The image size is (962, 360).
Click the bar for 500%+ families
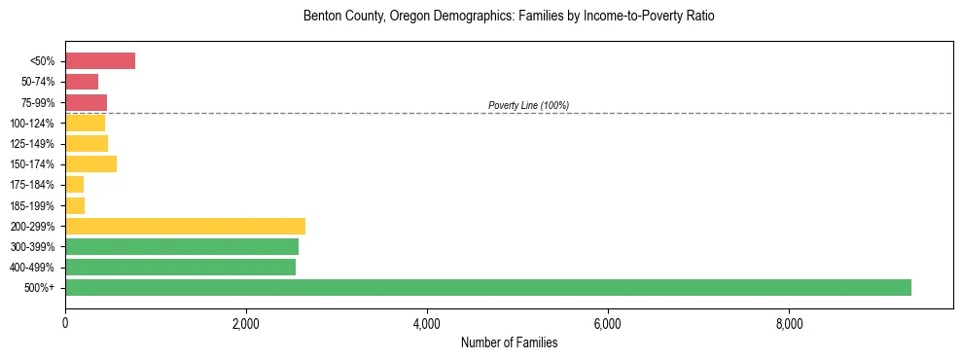click(487, 287)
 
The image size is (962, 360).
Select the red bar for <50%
click(100, 61)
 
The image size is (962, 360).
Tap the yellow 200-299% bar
click(185, 226)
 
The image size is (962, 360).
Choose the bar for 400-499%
click(180, 267)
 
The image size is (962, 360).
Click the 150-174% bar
click(90, 164)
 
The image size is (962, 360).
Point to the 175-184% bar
click(75, 185)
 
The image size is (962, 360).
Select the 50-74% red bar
click(82, 82)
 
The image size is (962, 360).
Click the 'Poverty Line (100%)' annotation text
click(528, 105)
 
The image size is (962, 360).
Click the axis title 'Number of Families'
click(509, 342)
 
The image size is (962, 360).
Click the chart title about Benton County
click(509, 17)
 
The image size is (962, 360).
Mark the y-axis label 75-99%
click(41, 103)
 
